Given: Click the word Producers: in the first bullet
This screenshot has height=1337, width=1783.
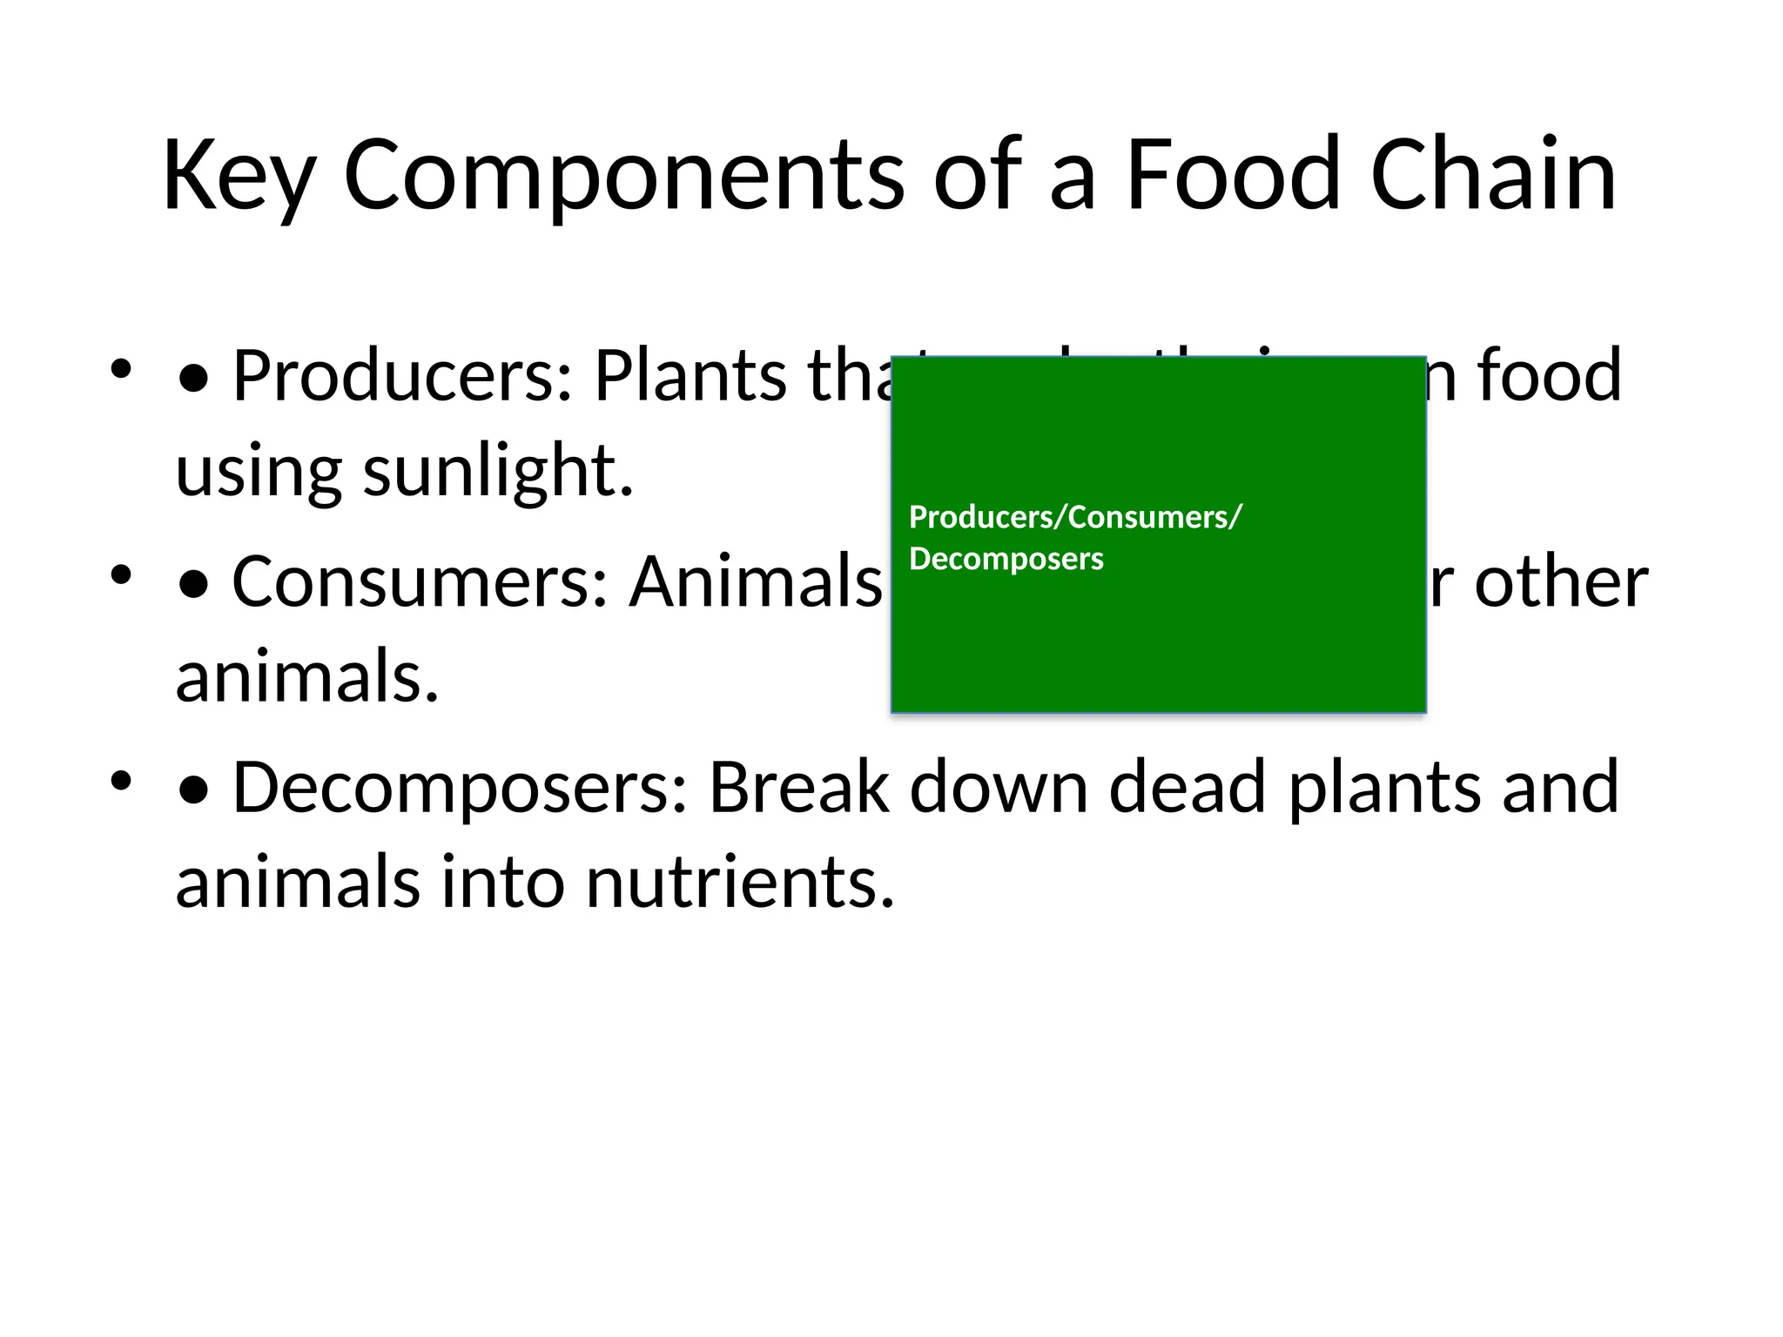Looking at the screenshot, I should (x=402, y=375).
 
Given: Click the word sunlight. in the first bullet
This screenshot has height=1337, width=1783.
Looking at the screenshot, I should (x=498, y=470).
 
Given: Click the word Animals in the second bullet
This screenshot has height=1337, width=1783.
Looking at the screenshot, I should (x=756, y=581).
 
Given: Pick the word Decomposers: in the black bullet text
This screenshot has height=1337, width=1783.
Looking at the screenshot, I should (x=461, y=787).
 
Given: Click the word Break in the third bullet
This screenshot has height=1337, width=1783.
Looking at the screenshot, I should (x=799, y=787).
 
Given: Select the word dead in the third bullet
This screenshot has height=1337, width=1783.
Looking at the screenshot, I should (x=1187, y=787).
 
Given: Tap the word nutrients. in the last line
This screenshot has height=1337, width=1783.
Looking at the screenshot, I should (x=740, y=882).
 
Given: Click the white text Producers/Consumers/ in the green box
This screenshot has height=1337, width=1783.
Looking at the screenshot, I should (x=1075, y=517).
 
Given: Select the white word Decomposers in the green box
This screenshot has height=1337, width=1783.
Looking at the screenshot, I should (x=1006, y=559).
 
